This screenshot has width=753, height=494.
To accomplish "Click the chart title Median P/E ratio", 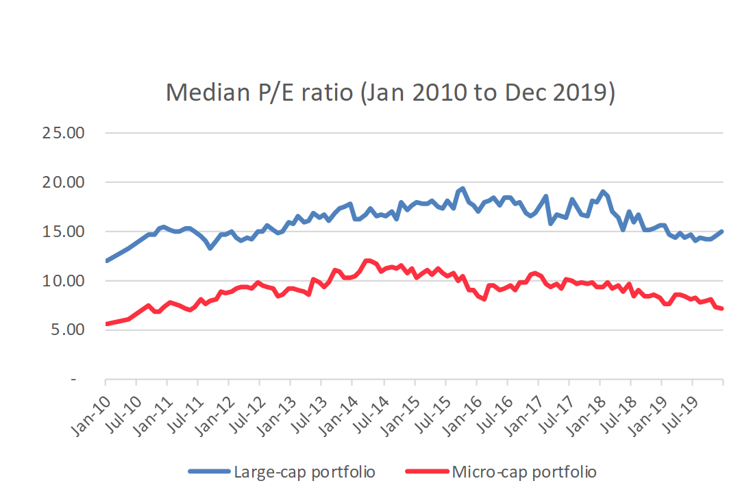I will coord(390,92).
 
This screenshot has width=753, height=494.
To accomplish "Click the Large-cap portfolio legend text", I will coord(304,472).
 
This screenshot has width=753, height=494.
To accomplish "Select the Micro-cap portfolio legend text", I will coord(524,472).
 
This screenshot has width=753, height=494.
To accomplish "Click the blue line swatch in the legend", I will coord(209,472).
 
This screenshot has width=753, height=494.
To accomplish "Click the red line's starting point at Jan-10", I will coord(106,323).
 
